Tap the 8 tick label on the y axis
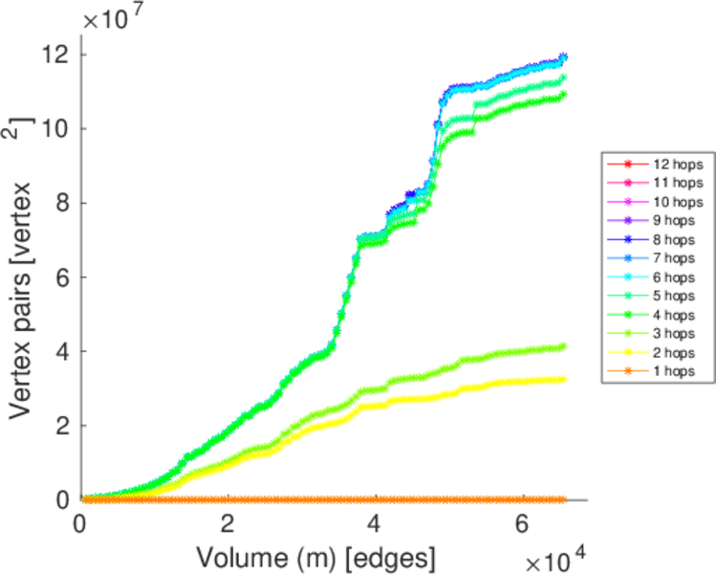click(62, 203)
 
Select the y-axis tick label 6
click(62, 277)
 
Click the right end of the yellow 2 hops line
click(563, 379)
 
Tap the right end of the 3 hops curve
click(563, 346)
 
